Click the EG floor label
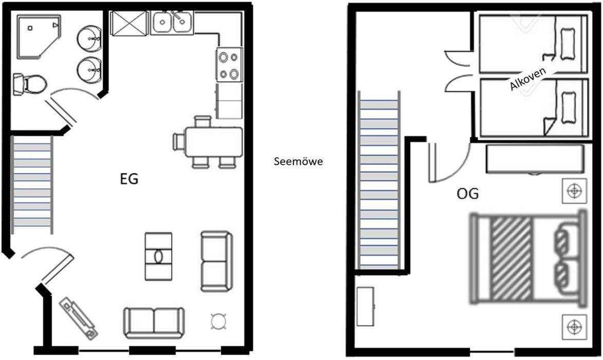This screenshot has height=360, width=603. click(x=129, y=179)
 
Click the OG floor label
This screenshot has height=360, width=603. click(x=468, y=193)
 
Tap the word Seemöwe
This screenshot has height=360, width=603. click(x=299, y=161)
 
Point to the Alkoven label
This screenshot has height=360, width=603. click(x=527, y=79)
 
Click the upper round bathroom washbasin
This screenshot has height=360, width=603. click(x=89, y=38)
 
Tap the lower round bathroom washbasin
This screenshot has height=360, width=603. click(x=89, y=69)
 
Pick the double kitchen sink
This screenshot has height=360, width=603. click(x=172, y=23)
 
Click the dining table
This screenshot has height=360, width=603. click(x=214, y=142)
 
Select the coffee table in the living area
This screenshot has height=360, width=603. click(x=158, y=256)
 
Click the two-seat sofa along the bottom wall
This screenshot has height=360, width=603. click(x=153, y=322)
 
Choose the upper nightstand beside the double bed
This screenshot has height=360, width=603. click(x=575, y=191)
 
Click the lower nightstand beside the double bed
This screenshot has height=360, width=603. click(x=575, y=327)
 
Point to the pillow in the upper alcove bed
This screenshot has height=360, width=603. click(x=569, y=44)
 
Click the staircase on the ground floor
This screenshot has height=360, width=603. click(x=32, y=184)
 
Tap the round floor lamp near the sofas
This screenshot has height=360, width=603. click(x=218, y=321)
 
